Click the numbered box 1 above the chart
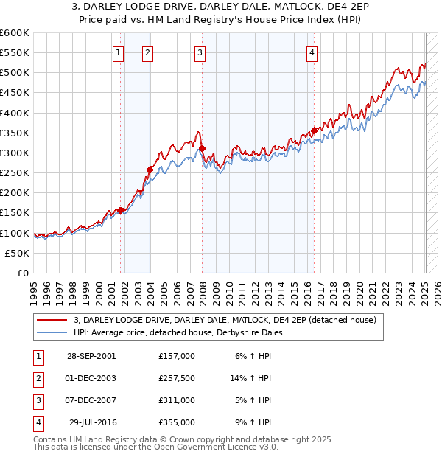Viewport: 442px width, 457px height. pos(119,52)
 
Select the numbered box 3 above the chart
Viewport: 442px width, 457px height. pos(200,52)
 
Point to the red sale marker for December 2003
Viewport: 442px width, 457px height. pos(150,170)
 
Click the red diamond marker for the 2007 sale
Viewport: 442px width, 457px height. pos(202,149)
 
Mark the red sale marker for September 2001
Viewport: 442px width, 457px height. pos(121,210)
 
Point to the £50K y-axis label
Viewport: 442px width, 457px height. pos(18,253)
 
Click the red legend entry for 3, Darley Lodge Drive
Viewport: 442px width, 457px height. pos(225,320)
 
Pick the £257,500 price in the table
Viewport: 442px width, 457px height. pos(177,378)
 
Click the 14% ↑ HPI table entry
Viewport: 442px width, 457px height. pos(251,378)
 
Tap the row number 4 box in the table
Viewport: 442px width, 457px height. pos(36,422)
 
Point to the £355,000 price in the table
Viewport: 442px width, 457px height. pos(177,422)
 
